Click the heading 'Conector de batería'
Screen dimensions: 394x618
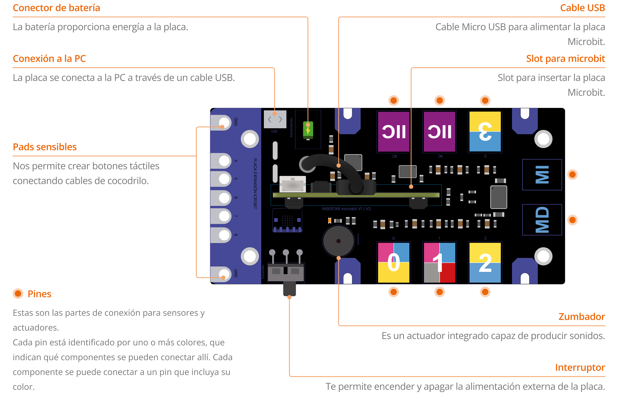pyautogui.click(x=56, y=8)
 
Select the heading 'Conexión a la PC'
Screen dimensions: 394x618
pyautogui.click(x=49, y=59)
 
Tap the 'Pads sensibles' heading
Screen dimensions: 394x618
pyautogui.click(x=45, y=147)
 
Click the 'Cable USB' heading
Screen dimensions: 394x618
pyautogui.click(x=582, y=8)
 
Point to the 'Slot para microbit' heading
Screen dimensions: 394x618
pyautogui.click(x=565, y=59)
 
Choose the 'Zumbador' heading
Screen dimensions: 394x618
pyautogui.click(x=581, y=317)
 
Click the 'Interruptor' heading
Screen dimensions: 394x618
pyautogui.click(x=580, y=367)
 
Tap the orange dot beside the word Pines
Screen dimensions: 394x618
pyautogui.click(x=18, y=294)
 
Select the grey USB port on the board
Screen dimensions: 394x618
pyautogui.click(x=275, y=119)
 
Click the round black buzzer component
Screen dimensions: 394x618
pyautogui.click(x=338, y=241)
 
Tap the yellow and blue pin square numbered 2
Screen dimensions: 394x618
pyautogui.click(x=485, y=263)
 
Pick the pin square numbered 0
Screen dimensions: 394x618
pyautogui.click(x=393, y=263)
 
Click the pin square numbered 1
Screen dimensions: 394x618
pyautogui.click(x=439, y=263)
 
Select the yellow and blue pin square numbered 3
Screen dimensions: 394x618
pyautogui.click(x=485, y=132)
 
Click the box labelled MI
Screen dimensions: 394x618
pyautogui.click(x=542, y=175)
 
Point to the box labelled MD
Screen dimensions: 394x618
pyautogui.click(x=542, y=220)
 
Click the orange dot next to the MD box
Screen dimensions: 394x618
pyautogui.click(x=572, y=220)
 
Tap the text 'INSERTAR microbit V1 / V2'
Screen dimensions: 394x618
pyautogui.click(x=346, y=209)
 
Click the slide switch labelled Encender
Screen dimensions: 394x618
pyautogui.click(x=286, y=272)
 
